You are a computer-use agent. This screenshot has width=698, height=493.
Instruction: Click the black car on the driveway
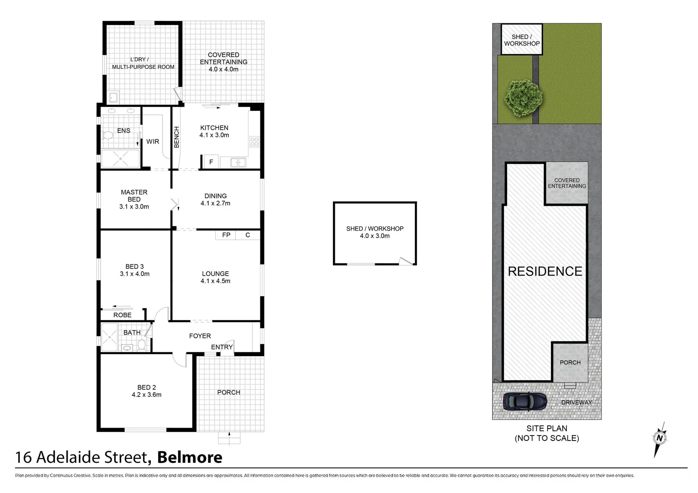click(x=525, y=401)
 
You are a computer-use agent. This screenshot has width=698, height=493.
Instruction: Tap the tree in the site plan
click(x=524, y=98)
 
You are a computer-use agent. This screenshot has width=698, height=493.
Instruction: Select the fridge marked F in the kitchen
click(x=211, y=162)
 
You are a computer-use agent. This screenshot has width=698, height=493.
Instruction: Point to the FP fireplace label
click(x=226, y=235)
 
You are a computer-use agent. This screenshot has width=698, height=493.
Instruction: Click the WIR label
click(x=153, y=142)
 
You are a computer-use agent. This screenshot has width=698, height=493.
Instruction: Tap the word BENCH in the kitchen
click(x=177, y=137)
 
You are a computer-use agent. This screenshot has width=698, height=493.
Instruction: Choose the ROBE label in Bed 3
click(x=122, y=315)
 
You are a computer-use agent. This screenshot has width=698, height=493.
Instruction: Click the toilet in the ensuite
click(x=108, y=136)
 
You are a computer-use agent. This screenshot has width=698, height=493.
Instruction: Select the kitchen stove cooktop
click(x=254, y=142)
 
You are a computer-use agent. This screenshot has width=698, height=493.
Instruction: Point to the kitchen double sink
click(x=238, y=162)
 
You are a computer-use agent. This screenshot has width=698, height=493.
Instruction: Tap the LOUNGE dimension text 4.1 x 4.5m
click(x=215, y=281)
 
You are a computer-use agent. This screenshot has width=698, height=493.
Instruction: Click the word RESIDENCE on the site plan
click(x=545, y=272)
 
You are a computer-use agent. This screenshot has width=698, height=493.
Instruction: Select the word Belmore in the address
click(x=190, y=457)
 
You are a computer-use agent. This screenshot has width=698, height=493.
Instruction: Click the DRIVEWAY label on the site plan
click(x=576, y=402)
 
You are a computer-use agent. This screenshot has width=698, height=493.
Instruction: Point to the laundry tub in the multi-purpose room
click(x=113, y=97)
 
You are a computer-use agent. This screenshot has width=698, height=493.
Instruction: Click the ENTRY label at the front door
click(x=222, y=347)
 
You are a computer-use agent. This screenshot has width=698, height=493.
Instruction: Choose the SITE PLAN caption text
click(x=547, y=428)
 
